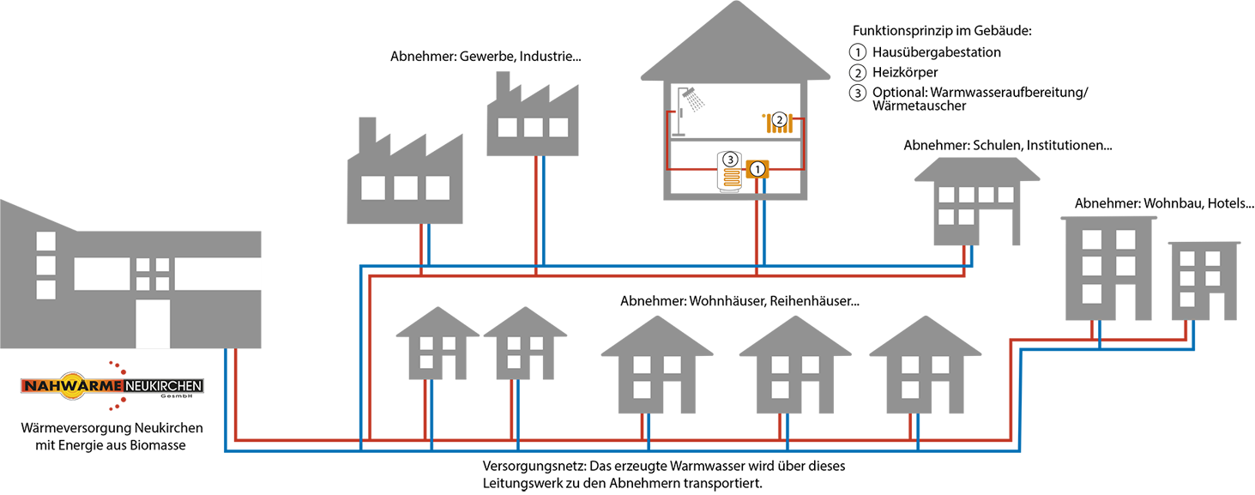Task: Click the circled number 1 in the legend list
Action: pyautogui.click(x=858, y=51)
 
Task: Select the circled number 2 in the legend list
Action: pyautogui.click(x=858, y=72)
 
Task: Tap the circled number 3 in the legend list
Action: pyautogui.click(x=858, y=93)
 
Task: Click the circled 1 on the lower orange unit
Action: pyautogui.click(x=757, y=170)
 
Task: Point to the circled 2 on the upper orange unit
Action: pyautogui.click(x=779, y=119)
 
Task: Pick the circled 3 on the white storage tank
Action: pyautogui.click(x=730, y=160)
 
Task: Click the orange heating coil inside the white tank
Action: pyautogui.click(x=731, y=178)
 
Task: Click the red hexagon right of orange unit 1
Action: pyautogui.click(x=787, y=168)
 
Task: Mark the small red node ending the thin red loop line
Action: pyautogui.click(x=673, y=112)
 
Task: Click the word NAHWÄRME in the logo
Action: pyautogui.click(x=72, y=386)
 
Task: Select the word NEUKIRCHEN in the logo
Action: pyautogui.click(x=163, y=386)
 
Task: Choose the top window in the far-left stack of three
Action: pyautogui.click(x=46, y=241)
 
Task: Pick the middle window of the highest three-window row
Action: pyautogui.click(x=533, y=128)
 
